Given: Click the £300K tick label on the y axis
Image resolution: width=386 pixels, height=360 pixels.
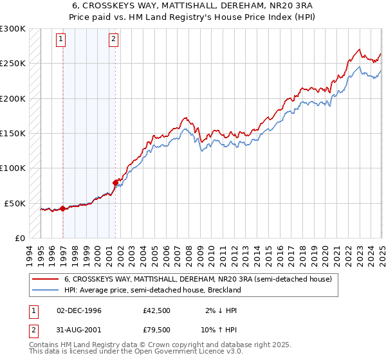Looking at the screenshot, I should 13,29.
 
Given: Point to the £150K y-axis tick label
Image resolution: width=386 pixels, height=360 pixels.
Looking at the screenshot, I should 13,134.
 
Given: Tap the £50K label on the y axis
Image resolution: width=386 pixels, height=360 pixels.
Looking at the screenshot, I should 15,203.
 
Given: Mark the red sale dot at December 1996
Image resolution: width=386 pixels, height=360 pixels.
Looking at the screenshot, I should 62,208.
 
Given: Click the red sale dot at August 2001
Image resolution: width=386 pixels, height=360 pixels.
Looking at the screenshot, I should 116,183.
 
